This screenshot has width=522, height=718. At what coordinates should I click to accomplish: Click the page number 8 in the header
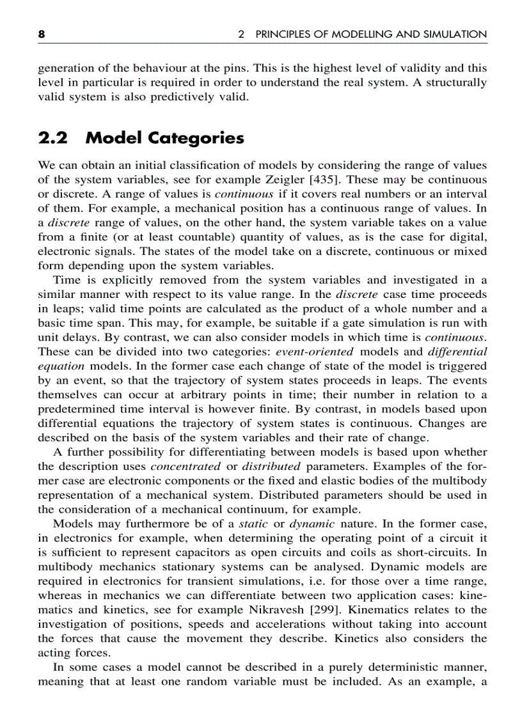(42, 35)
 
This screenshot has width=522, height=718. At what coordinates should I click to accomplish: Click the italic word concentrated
(186, 466)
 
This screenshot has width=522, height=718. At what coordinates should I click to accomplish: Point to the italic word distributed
(271, 466)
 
